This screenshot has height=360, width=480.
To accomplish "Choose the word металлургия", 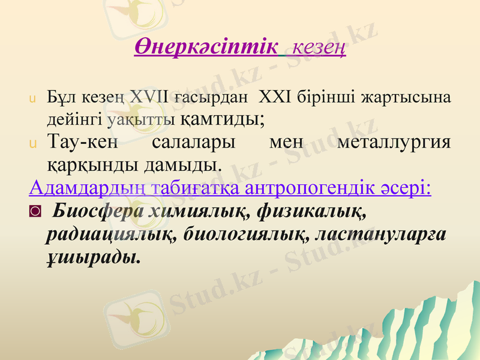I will (394, 142).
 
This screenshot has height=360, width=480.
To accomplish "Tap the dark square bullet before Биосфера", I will (35, 212).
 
